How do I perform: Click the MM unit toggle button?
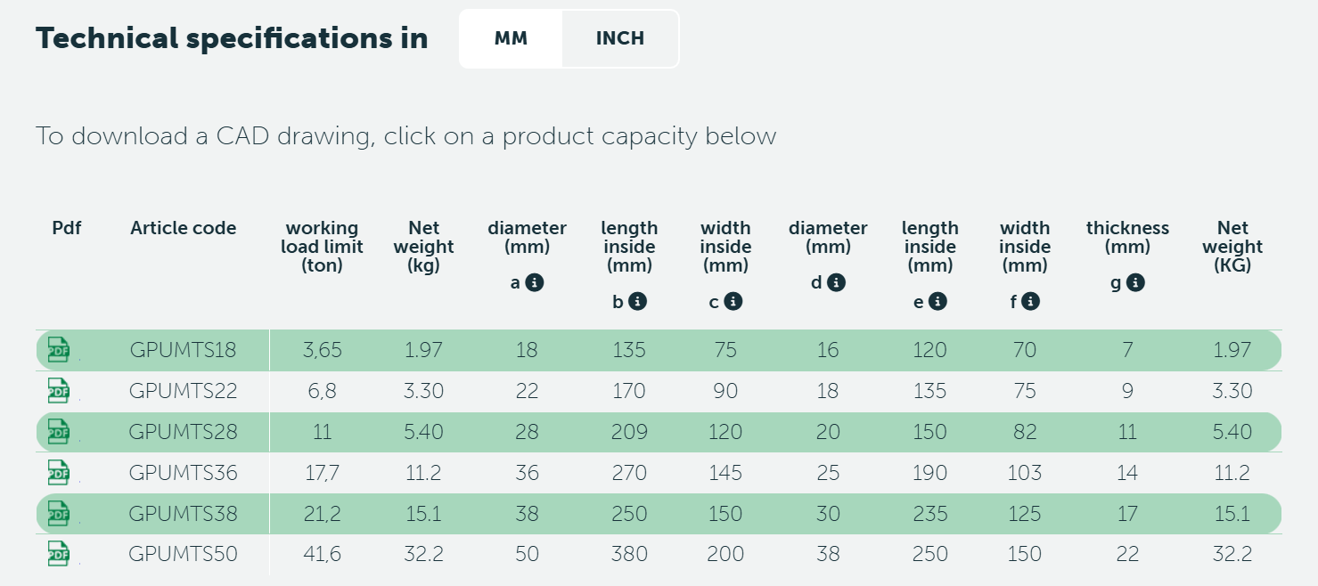[x=511, y=39]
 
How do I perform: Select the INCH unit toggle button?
[x=620, y=39]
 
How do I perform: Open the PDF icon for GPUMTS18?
[x=58, y=350]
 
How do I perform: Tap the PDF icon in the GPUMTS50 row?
[x=58, y=554]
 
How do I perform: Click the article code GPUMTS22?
[x=183, y=391]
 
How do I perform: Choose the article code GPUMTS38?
[x=183, y=514]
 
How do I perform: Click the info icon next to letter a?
[x=535, y=282]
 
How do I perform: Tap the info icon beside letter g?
[x=1135, y=282]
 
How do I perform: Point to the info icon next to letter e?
[x=937, y=302]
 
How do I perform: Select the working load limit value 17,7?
[x=322, y=473]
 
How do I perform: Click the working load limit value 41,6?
[x=322, y=554]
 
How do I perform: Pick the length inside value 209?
[x=629, y=432]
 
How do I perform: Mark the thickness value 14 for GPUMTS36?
[x=1127, y=473]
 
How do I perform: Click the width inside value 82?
[x=1025, y=432]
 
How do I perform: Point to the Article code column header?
[x=183, y=228]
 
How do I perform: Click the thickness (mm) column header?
[x=1127, y=237]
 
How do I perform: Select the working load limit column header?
[x=322, y=247]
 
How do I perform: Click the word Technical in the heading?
[x=107, y=38]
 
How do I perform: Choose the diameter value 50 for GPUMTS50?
[x=527, y=554]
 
